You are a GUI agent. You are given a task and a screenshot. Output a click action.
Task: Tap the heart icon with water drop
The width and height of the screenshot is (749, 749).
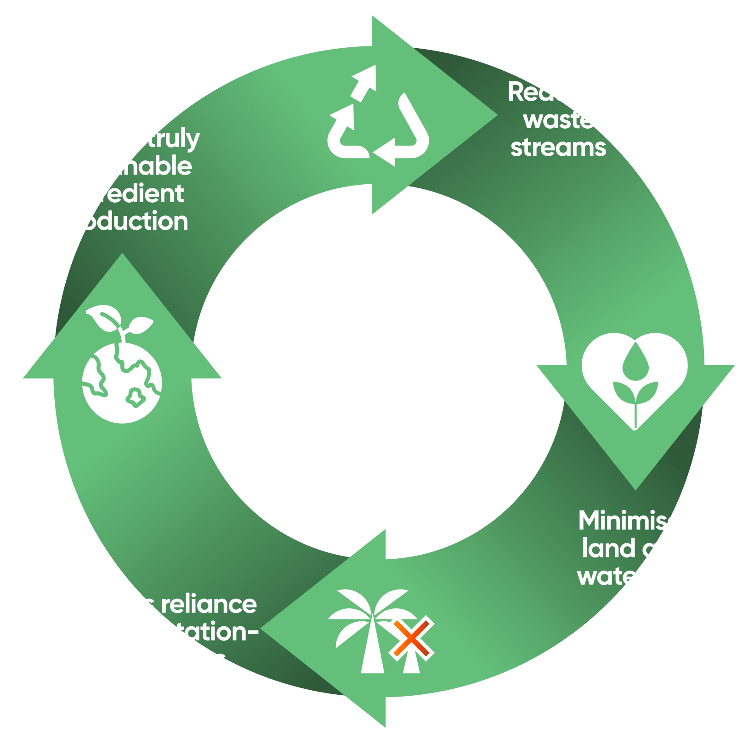635,374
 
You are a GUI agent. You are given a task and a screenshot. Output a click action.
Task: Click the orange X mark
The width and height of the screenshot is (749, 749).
411,639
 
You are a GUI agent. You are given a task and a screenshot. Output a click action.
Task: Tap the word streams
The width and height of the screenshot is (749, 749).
558,148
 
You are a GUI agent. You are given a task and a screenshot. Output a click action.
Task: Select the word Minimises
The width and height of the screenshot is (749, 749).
636,521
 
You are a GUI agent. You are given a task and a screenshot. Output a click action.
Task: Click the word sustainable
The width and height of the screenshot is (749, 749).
122,166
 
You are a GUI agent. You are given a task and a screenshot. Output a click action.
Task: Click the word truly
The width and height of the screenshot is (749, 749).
173,139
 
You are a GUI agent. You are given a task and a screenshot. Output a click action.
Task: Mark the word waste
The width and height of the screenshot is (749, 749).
559,120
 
